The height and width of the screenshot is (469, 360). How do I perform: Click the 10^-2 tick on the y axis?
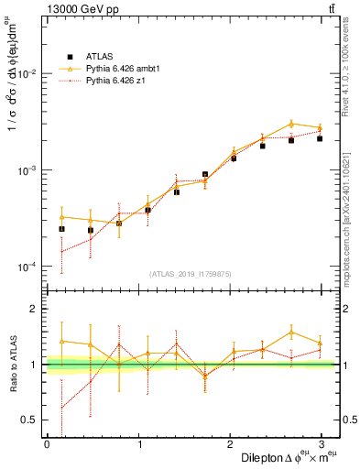28,73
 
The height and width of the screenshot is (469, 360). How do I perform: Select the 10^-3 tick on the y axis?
28,170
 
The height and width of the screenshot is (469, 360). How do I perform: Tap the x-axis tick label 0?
47,443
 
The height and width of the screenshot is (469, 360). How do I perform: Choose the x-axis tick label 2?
230,443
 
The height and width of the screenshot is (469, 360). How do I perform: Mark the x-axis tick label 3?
322,443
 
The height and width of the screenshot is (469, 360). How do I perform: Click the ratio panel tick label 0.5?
30,420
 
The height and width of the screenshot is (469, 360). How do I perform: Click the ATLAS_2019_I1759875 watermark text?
191,274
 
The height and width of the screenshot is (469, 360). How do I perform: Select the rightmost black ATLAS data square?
320,138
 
